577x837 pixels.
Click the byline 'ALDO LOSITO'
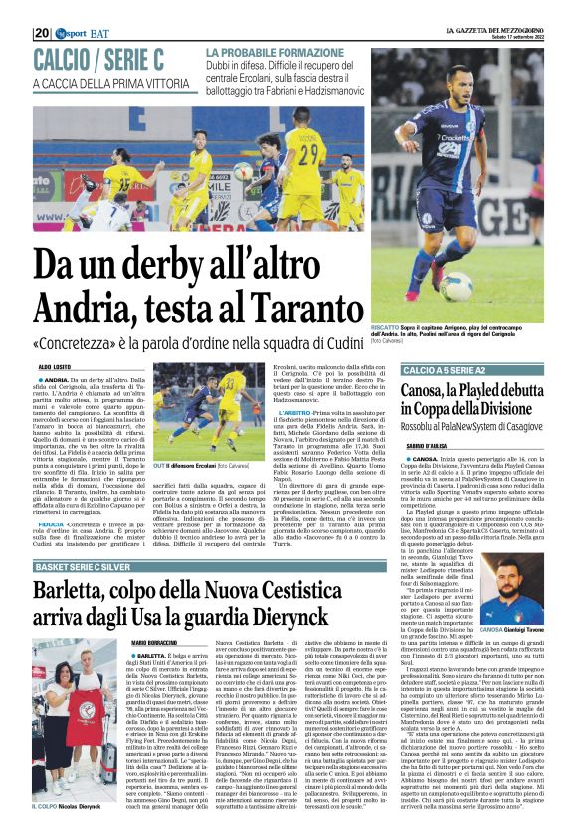(55, 368)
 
